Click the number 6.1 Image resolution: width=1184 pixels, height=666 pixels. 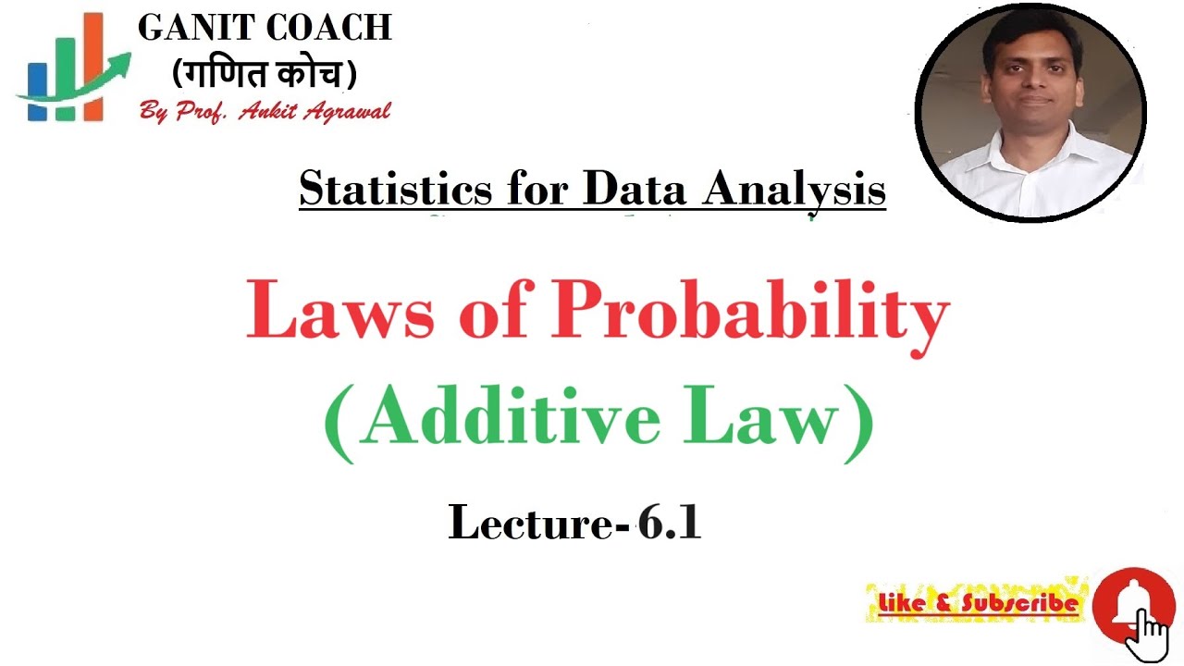(670, 524)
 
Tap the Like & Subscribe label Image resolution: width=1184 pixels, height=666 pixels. (979, 604)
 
